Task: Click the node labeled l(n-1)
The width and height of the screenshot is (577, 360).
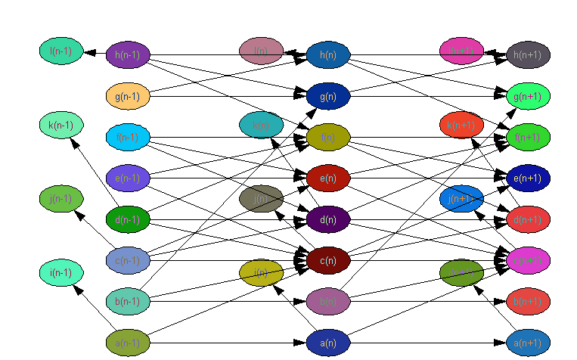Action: [x=61, y=51]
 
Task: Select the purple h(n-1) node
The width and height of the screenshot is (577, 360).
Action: [x=128, y=55]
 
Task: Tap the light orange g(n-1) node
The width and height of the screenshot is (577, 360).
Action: [x=128, y=96]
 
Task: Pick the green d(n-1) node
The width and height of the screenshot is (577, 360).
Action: [x=128, y=219]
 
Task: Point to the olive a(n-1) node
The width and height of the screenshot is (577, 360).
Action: [x=128, y=343]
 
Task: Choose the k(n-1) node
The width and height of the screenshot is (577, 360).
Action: [x=61, y=125]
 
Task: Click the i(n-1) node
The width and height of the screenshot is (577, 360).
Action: [x=61, y=272]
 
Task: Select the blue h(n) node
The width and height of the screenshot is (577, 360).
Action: [x=328, y=55]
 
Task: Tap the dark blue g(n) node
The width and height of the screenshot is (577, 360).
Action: [x=328, y=96]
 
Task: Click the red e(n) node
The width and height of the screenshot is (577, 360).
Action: [x=328, y=178]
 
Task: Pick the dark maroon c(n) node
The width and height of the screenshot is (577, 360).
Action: [x=328, y=260]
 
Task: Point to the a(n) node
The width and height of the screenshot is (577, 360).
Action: [x=328, y=343]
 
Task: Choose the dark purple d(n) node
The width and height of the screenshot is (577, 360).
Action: [x=328, y=219]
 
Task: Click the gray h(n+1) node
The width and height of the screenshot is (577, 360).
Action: [x=528, y=55]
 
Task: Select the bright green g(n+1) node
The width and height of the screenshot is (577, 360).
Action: [x=528, y=96]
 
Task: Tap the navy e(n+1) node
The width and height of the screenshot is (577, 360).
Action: [x=528, y=178]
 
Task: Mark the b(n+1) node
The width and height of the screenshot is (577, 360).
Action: [x=528, y=301]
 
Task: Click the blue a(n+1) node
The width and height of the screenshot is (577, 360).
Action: [x=528, y=343]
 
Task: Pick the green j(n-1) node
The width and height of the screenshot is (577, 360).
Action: [x=61, y=199]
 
